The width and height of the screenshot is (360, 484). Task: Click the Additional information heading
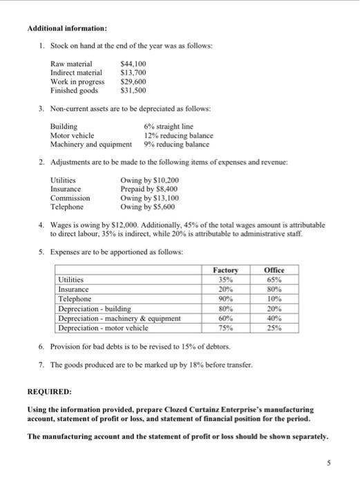coord(66,29)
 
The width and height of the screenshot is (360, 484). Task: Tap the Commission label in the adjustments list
coord(70,198)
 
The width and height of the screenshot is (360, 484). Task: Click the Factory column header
coord(225,270)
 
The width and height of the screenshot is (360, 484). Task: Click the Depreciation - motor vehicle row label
coord(105,328)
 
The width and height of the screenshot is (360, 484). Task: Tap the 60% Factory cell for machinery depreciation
coord(225,318)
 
